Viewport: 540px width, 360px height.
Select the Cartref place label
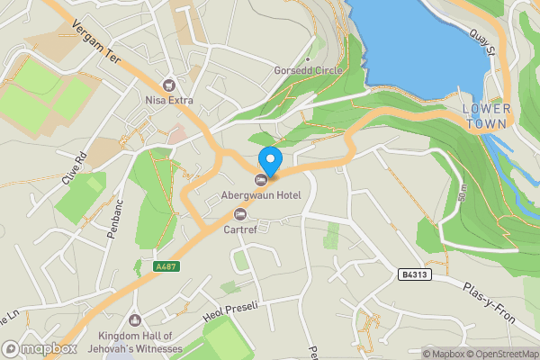pyautogui.click(x=239, y=229)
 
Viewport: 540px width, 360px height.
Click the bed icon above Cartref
pyautogui.click(x=239, y=213)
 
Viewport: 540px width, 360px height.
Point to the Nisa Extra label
pyautogui.click(x=169, y=99)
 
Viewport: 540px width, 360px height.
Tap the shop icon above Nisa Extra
pyautogui.click(x=169, y=84)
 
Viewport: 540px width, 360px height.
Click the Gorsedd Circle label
pyautogui.click(x=308, y=70)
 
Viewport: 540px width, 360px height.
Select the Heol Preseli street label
pyautogui.click(x=230, y=311)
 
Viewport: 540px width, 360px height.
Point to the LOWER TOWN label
pyautogui.click(x=486, y=115)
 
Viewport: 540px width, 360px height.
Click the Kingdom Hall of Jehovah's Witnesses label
pyautogui.click(x=139, y=343)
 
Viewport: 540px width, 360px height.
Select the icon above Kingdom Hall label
pyautogui.click(x=136, y=320)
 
